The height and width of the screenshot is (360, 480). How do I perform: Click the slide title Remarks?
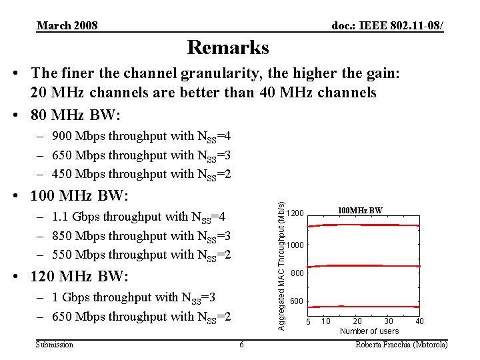pyautogui.click(x=228, y=48)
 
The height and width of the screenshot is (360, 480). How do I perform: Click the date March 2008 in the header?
pyautogui.click(x=67, y=26)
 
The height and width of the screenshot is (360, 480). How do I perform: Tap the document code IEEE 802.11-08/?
pyautogui.click(x=388, y=26)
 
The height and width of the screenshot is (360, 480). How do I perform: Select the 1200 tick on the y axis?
pyautogui.click(x=296, y=213)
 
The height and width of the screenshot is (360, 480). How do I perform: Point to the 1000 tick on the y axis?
pyautogui.click(x=296, y=245)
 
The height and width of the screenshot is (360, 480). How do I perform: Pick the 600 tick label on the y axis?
pyautogui.click(x=297, y=302)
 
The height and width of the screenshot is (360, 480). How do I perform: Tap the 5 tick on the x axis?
pyautogui.click(x=308, y=322)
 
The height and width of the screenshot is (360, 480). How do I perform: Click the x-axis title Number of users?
pyautogui.click(x=369, y=331)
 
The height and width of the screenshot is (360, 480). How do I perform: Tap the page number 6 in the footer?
pyautogui.click(x=241, y=344)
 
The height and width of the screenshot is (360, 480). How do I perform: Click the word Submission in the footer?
pyautogui.click(x=55, y=344)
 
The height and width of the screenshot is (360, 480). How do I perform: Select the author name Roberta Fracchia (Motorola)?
pyautogui.click(x=402, y=344)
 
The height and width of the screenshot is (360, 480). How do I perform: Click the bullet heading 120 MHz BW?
pyautogui.click(x=81, y=276)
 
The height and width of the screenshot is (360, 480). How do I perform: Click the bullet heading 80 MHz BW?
pyautogui.click(x=75, y=115)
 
